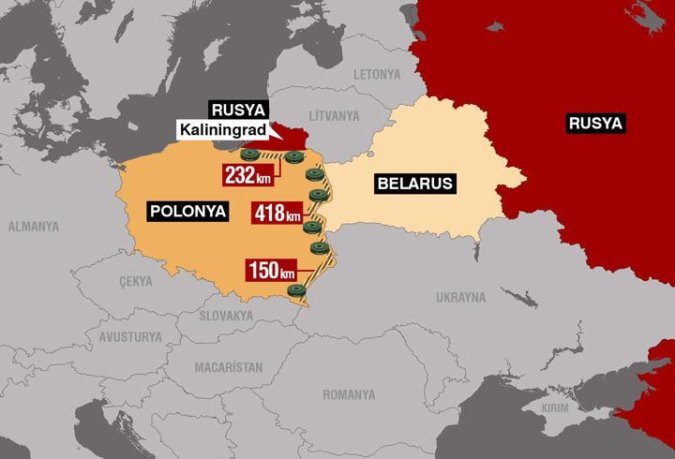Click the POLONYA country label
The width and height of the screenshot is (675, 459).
pos(188,211)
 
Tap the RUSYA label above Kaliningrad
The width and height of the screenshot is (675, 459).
pos(233,109)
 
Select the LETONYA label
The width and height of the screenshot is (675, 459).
pos(377,74)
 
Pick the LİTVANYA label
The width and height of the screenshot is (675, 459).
pos(335,115)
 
